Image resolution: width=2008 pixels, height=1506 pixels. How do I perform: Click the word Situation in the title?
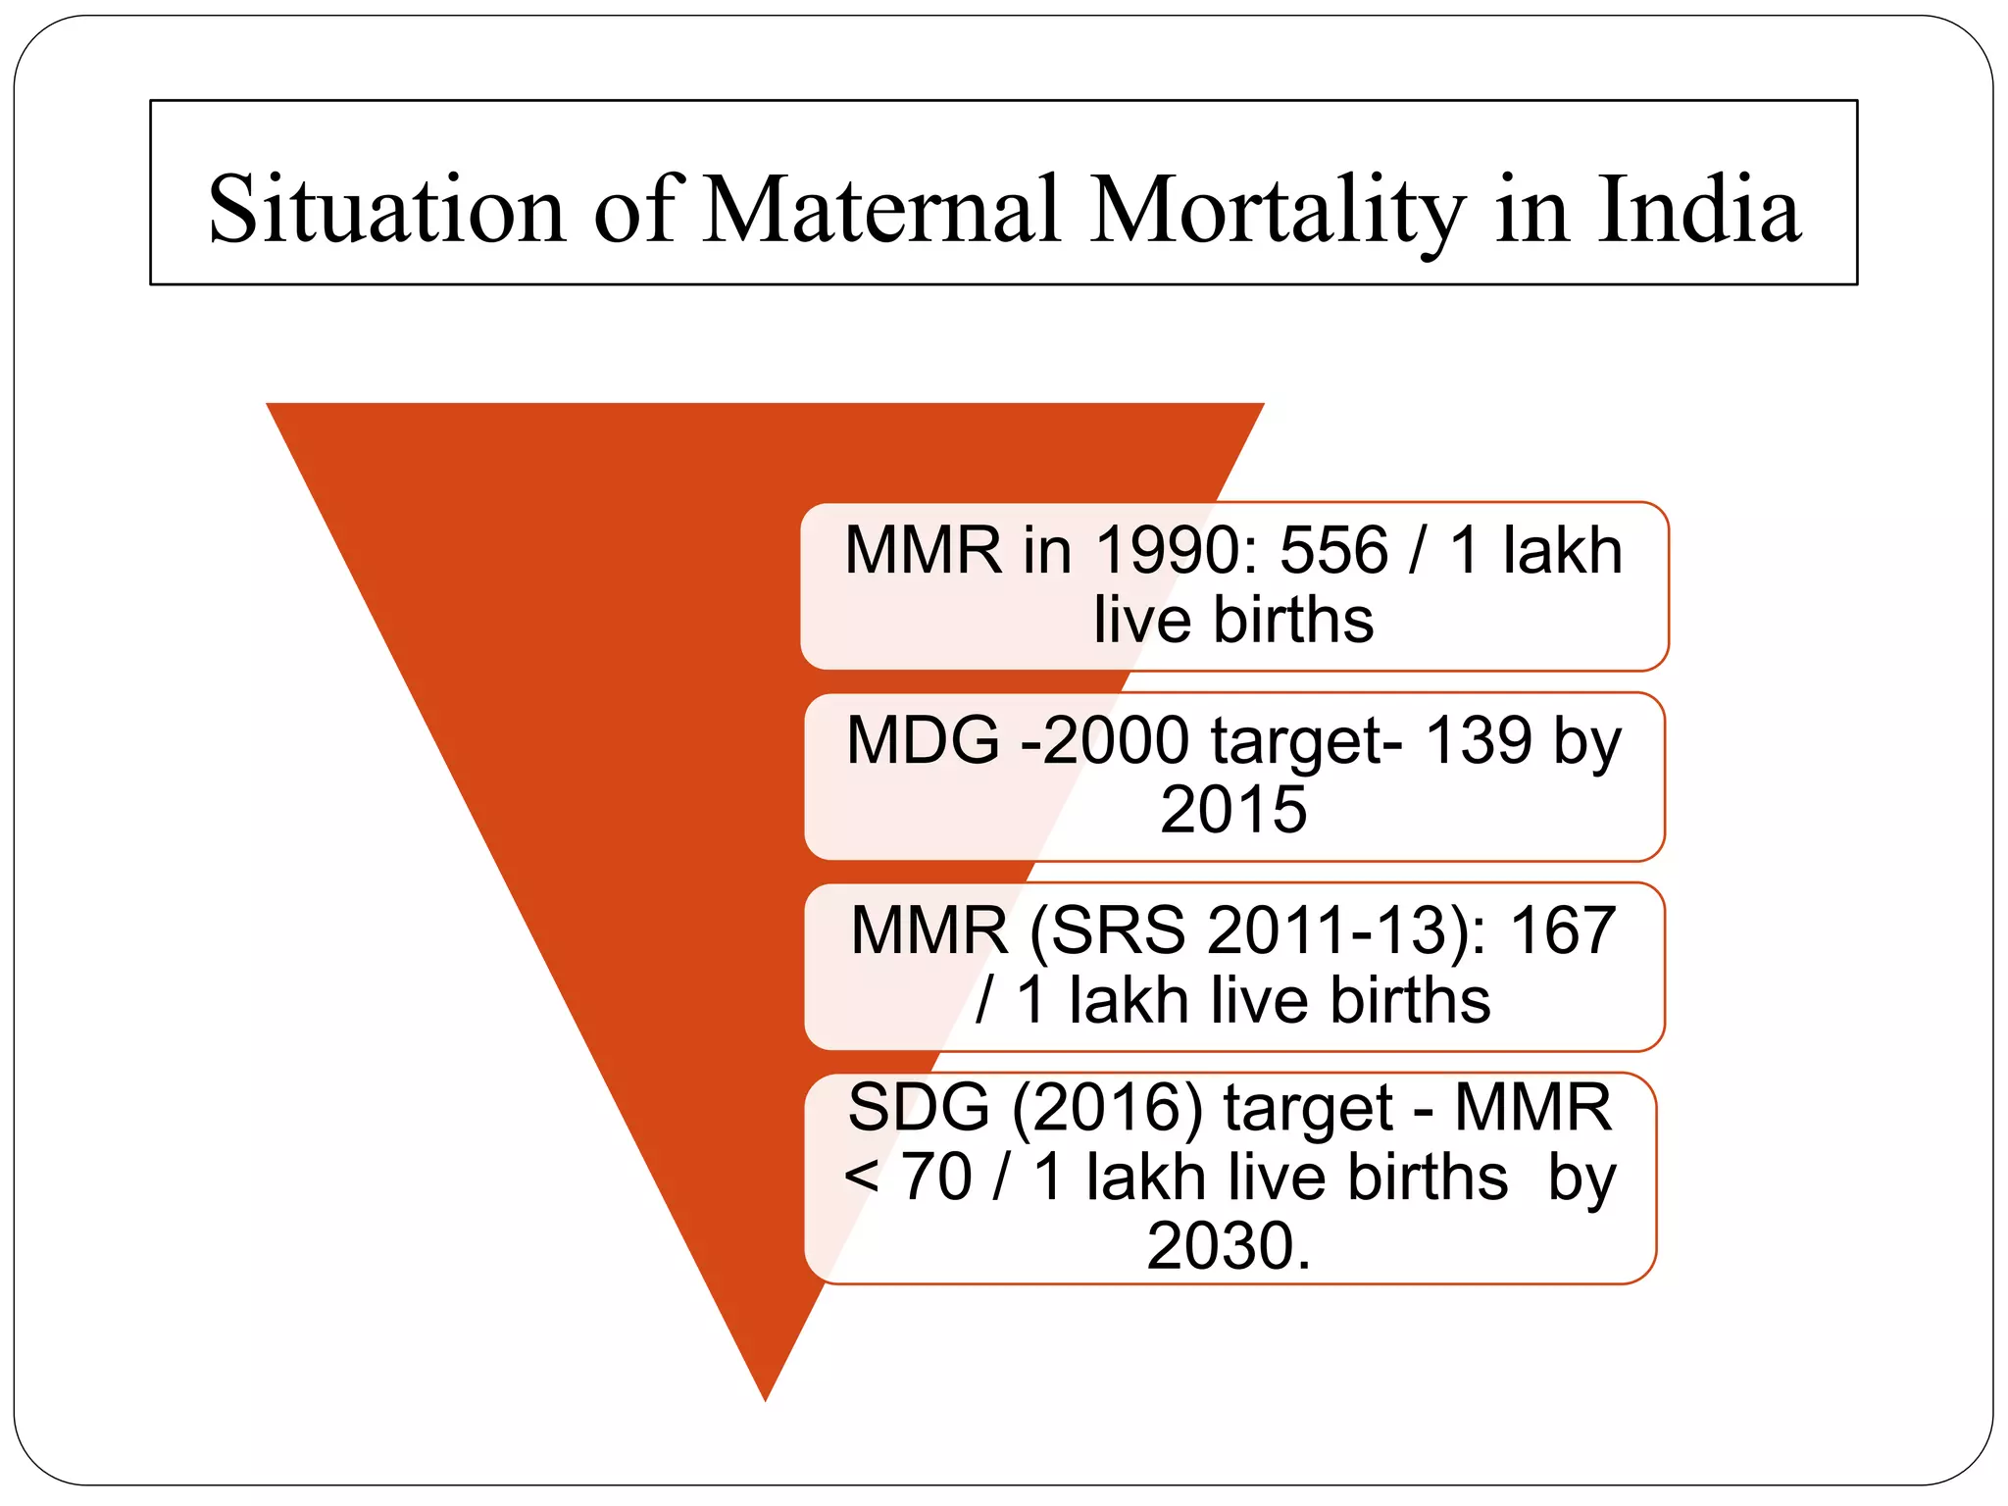coord(387,210)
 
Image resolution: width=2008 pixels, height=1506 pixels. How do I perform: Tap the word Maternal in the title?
coord(882,210)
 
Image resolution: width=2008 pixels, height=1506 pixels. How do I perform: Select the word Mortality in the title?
coord(1278,210)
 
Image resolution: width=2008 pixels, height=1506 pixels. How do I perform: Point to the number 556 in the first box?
coord(1333,550)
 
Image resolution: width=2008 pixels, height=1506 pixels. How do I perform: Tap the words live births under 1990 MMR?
coord(1233,621)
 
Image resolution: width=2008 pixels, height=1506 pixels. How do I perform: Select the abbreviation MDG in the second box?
coord(923,740)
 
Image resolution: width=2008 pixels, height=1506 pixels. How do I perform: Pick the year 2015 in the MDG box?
coord(1233,810)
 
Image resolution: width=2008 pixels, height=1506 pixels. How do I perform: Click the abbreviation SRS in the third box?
coord(1118,930)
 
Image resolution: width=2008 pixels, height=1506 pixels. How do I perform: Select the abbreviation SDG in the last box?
coord(919,1108)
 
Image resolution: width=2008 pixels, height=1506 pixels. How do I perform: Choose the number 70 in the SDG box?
coord(936,1178)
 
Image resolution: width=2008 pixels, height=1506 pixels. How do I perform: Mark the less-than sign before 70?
coord(861,1178)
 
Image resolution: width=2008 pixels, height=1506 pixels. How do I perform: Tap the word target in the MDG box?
coord(1305,740)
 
